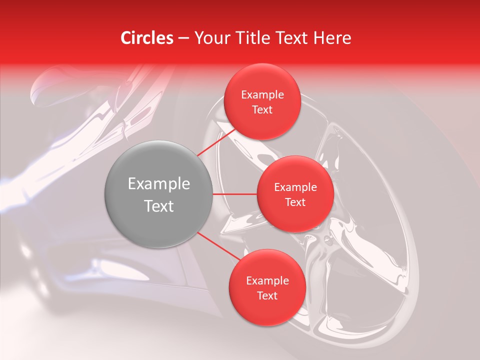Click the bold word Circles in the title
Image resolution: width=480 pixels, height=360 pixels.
[146, 38]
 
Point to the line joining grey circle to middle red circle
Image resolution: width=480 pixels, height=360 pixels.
[234, 194]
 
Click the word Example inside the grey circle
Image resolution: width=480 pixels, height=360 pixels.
[159, 184]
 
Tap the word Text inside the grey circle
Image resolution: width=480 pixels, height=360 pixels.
[159, 206]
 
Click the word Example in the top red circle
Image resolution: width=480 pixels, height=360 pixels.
[262, 95]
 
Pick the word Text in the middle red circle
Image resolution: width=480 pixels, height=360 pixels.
[295, 202]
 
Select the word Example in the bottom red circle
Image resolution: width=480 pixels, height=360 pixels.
[267, 281]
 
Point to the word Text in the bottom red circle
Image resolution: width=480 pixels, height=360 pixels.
[267, 296]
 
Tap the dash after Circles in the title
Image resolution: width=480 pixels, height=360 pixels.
[183, 38]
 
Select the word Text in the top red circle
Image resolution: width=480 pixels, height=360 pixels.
[262, 110]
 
